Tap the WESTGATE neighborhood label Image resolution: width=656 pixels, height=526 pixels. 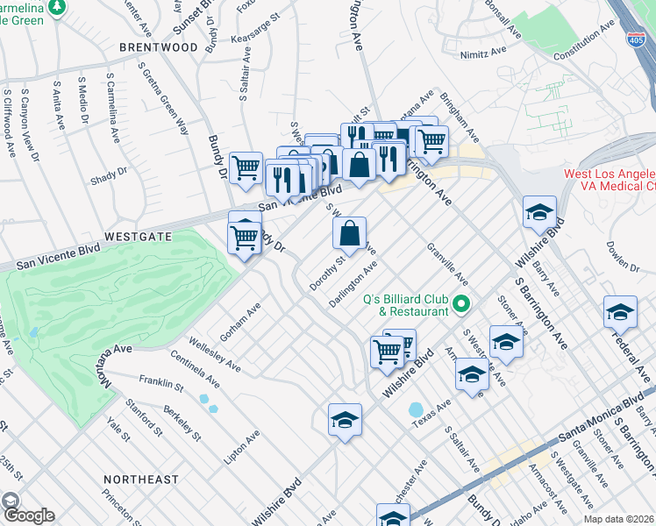[139, 237]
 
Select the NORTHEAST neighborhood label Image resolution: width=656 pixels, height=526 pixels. [140, 480]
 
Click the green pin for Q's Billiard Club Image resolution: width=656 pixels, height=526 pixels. [461, 306]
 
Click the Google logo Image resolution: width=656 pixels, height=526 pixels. [28, 515]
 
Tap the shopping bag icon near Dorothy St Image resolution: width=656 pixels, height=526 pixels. [349, 234]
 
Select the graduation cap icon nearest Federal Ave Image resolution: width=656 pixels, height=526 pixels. [619, 312]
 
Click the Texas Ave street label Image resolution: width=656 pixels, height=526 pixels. [432, 415]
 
